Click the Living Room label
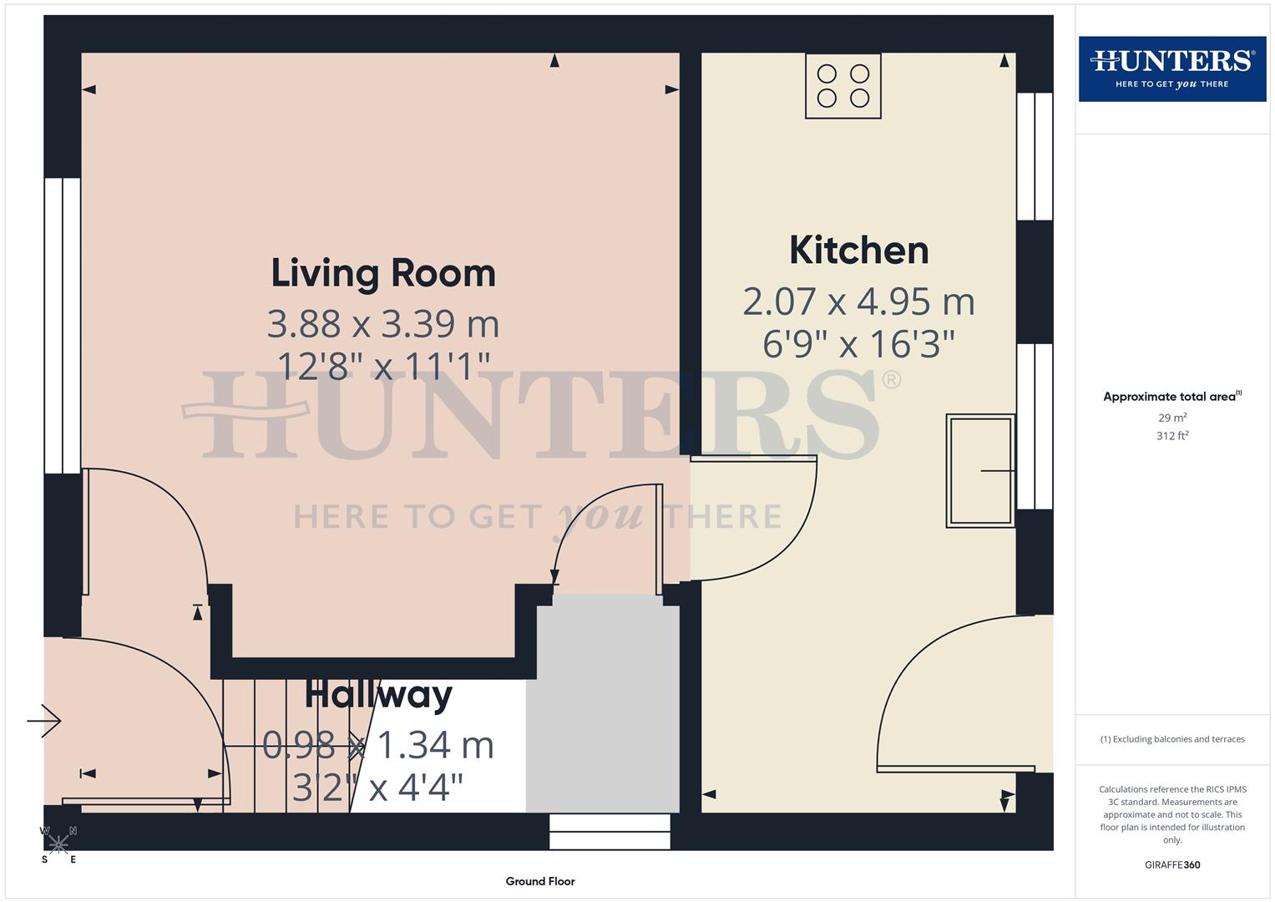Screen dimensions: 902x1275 click(x=383, y=273)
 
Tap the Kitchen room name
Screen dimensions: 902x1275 click(x=858, y=251)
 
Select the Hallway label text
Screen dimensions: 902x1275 click(x=378, y=695)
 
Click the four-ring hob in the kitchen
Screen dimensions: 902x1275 click(x=842, y=86)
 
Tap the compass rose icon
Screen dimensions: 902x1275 click(x=58, y=844)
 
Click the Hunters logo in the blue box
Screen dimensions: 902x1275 click(x=1171, y=68)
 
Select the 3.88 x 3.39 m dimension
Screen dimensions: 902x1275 click(x=383, y=324)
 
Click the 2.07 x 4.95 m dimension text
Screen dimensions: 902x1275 click(x=858, y=302)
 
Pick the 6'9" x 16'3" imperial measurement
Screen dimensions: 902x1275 click(x=858, y=343)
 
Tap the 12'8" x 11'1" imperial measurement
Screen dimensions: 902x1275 click(x=383, y=366)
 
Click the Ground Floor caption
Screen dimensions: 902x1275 click(x=540, y=881)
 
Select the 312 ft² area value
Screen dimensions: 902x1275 click(x=1171, y=436)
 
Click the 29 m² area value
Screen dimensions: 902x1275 click(x=1171, y=418)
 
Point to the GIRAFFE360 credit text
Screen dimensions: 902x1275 click(x=1171, y=864)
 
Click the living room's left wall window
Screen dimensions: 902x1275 click(x=63, y=326)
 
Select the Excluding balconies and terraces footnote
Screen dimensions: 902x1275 click(x=1171, y=739)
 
